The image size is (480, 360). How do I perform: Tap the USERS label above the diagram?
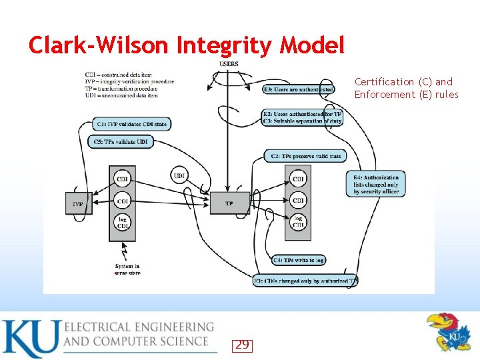pyautogui.click(x=229, y=64)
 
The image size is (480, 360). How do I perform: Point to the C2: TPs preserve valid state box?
pyautogui.click(x=306, y=156)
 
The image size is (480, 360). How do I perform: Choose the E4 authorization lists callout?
pyautogui.click(x=376, y=185)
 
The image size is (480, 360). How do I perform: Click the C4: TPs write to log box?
pyautogui.click(x=299, y=260)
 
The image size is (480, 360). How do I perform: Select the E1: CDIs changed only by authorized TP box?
pyautogui.click(x=305, y=281)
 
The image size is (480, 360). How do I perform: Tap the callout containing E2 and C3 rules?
pyautogui.click(x=302, y=117)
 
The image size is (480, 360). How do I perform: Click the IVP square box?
pyautogui.click(x=79, y=203)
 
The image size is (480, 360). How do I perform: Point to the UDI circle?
pyautogui.click(x=179, y=175)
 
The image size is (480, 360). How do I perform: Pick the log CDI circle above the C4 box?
pyautogui.click(x=298, y=222)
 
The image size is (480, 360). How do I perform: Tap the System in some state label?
pyautogui.click(x=127, y=270)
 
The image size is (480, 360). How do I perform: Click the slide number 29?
pyautogui.click(x=243, y=345)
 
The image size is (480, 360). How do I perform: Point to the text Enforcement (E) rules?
pyautogui.click(x=406, y=95)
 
